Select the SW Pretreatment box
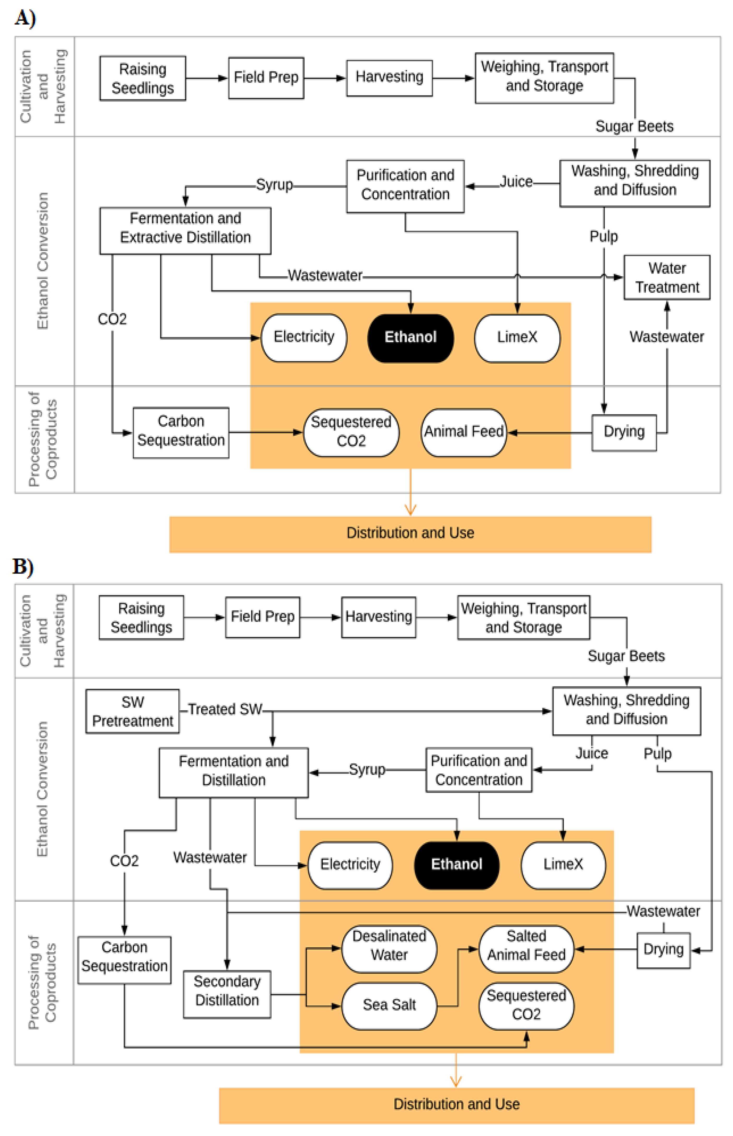132,711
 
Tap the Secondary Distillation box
227,991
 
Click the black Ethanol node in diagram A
410,337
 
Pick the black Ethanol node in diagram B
456,864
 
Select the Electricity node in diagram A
304,337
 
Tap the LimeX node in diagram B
563,864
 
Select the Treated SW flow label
225,709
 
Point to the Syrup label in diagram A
274,184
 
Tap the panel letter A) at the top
25,18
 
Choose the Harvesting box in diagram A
389,77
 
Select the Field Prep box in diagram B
262,617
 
